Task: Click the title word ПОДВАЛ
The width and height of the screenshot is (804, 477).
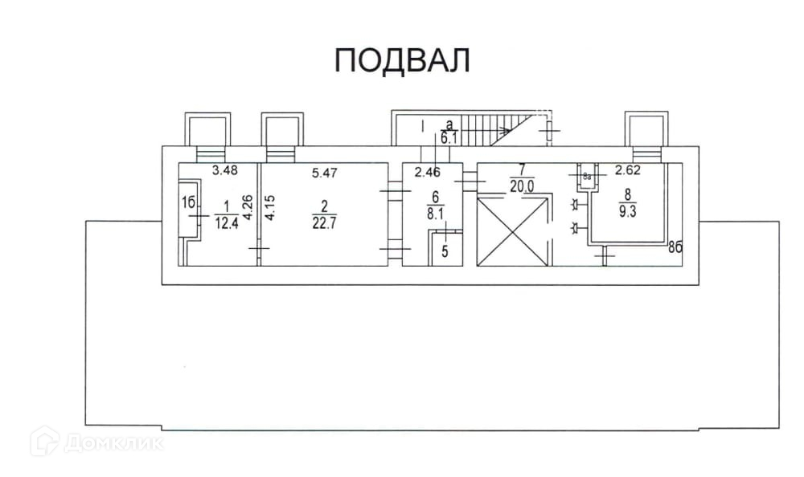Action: tap(401, 61)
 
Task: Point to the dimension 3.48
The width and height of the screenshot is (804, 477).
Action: tap(225, 170)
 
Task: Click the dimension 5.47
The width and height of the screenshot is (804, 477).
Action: tap(326, 170)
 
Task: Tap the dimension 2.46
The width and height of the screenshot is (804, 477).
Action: tap(429, 171)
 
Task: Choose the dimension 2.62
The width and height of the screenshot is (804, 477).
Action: tap(627, 170)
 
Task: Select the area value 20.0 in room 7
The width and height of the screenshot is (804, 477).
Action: tap(522, 185)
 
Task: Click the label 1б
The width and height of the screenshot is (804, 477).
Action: tap(190, 204)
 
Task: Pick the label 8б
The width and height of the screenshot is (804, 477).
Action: tap(676, 248)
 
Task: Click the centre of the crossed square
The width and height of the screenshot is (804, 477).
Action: tap(512, 231)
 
